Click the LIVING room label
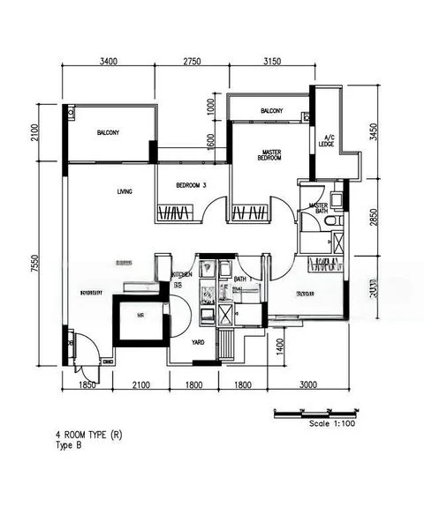pos(124,191)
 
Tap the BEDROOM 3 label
pos(191,185)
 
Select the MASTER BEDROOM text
pos(270,154)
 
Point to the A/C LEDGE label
pos(329,141)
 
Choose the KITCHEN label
pos(182,275)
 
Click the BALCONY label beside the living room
pos(108,133)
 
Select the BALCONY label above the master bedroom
pos(271,111)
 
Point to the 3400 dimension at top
pos(108,62)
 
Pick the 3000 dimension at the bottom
pos(307,385)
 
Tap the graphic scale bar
pos(317,411)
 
